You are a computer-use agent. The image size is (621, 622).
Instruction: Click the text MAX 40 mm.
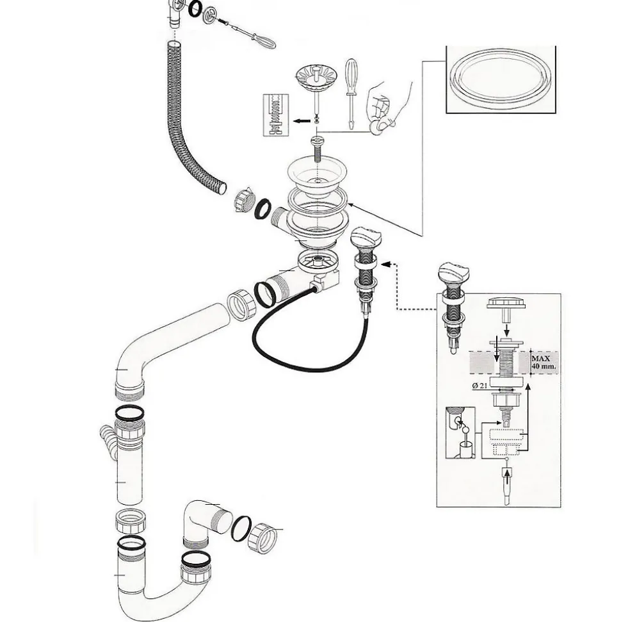point(544,363)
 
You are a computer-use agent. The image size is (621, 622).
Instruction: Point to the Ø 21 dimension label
point(480,385)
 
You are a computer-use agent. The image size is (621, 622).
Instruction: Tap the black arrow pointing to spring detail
point(302,121)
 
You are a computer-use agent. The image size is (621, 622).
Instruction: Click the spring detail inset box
point(276,115)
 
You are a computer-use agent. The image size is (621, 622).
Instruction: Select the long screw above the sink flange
point(318,148)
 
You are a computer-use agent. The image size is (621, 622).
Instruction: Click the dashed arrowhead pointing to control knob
point(385,264)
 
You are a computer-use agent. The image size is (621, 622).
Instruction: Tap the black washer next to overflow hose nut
point(262,209)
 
